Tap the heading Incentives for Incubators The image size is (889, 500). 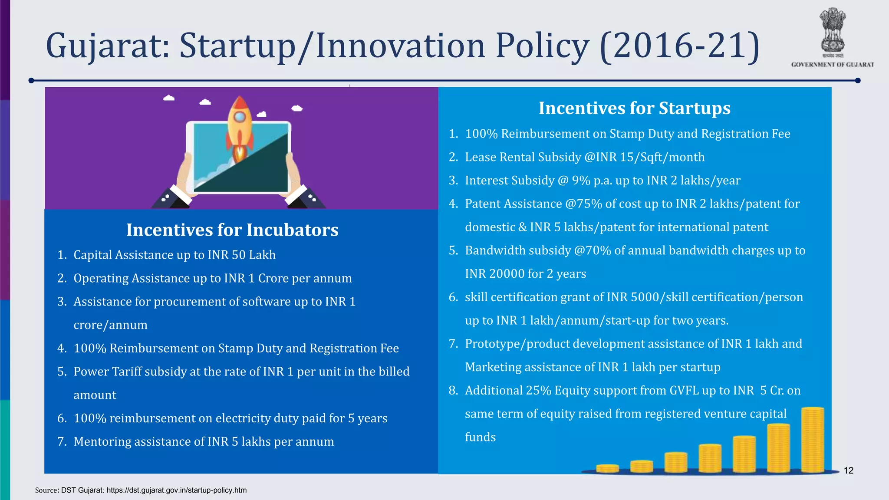tap(232, 230)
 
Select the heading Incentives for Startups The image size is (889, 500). tap(635, 108)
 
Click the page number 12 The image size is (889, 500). tap(849, 470)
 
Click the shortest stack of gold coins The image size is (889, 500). tap(607, 468)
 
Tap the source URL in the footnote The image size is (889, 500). tap(176, 490)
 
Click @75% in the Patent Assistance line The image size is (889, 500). tap(583, 204)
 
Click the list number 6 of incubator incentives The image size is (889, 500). tap(62, 418)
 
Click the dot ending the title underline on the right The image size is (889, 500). tap(858, 80)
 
